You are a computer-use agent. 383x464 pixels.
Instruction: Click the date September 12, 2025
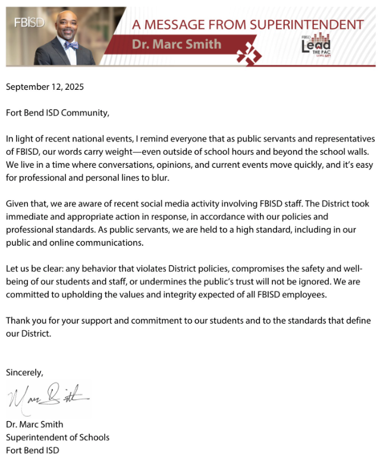[45, 87]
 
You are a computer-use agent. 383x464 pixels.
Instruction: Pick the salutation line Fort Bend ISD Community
[58, 112]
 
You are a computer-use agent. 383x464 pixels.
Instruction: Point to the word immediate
[27, 217]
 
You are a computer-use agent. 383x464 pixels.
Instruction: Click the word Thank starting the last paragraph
[18, 321]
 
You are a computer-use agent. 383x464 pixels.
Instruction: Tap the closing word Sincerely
[24, 373]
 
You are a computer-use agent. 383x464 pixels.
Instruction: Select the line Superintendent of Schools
[58, 438]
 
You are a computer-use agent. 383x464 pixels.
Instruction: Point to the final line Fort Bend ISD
[33, 451]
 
